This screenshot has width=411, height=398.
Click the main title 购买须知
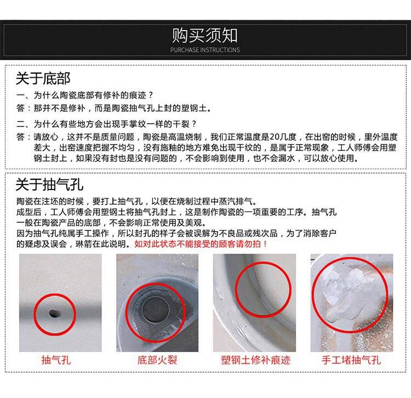pos(205,36)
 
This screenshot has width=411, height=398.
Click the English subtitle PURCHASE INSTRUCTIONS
pos(205,50)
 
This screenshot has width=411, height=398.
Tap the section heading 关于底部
pos(43,78)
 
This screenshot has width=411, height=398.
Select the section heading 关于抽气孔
pos(49,184)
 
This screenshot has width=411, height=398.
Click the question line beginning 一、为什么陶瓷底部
pos(84,95)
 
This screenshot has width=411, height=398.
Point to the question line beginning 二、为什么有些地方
pos(106,124)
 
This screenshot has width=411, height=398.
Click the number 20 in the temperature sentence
pos(275,137)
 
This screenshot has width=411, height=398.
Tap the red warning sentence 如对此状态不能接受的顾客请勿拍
pos(201,244)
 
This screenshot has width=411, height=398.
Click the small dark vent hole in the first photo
pos(54,313)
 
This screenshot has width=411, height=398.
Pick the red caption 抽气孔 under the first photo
pos(56,360)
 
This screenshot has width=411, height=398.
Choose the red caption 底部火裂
pos(157,360)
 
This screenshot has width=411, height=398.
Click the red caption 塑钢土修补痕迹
pos(255,360)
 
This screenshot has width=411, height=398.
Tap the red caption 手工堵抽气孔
pos(351,360)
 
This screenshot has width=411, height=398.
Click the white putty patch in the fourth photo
pos(344,293)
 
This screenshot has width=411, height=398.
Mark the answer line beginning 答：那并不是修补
pos(114,108)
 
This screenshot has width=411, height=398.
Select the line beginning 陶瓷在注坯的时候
pos(137,201)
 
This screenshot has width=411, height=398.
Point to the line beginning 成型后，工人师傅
pos(176,212)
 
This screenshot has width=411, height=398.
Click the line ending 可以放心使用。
pos(196,158)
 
